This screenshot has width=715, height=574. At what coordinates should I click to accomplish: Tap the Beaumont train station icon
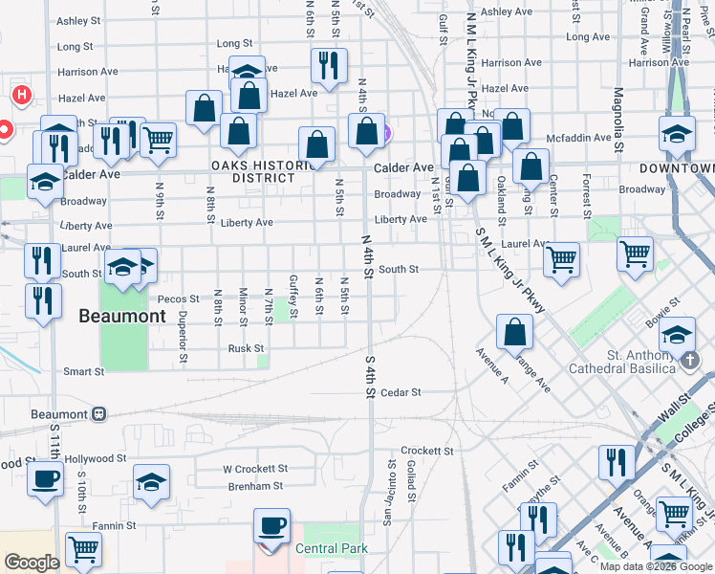97,414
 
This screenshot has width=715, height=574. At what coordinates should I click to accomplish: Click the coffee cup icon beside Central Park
272,527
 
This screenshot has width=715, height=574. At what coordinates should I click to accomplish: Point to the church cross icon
691,360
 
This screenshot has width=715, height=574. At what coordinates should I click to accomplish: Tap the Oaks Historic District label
264,171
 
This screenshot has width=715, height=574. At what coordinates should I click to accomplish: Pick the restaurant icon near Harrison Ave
328,66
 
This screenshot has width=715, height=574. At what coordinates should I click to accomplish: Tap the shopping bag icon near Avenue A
514,333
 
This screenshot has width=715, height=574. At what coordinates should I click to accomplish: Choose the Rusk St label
246,348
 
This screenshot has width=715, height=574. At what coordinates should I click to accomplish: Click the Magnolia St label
618,121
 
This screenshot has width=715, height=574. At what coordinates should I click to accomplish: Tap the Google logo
32,563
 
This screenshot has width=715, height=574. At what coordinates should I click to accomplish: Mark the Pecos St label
179,299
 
